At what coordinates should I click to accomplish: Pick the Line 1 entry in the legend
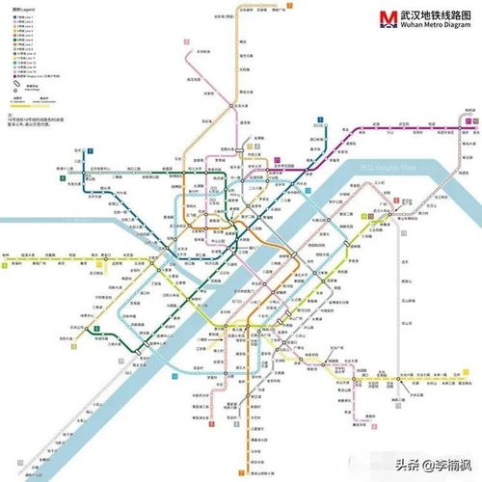pyautogui.click(x=23, y=17)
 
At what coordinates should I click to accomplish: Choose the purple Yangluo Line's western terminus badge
pyautogui.click(x=319, y=123)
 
